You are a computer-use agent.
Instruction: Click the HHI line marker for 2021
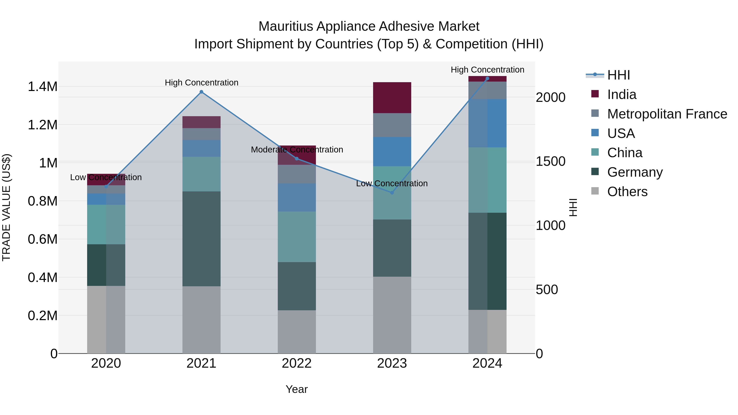201,92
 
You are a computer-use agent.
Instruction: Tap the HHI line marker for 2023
392,193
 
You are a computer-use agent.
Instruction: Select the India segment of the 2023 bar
392,98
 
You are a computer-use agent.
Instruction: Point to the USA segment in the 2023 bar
392,151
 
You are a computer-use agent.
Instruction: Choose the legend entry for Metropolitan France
667,114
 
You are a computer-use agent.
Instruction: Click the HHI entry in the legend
618,75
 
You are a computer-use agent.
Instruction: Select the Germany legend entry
635,172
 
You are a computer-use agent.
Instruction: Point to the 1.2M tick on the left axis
43,125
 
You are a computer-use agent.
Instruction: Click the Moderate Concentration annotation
297,150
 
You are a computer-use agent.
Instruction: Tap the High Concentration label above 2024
487,70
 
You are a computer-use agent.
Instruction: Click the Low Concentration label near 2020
106,177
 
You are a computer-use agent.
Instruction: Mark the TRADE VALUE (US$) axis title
6,207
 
